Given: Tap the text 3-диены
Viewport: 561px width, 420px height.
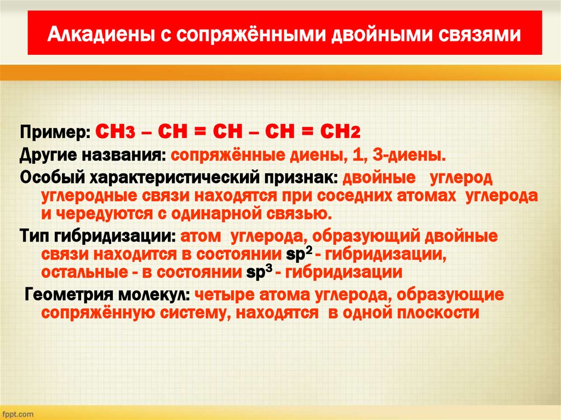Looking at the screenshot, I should [409, 155].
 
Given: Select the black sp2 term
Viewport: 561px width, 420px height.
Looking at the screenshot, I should [299, 254].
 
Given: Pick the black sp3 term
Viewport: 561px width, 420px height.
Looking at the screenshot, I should [259, 272].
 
